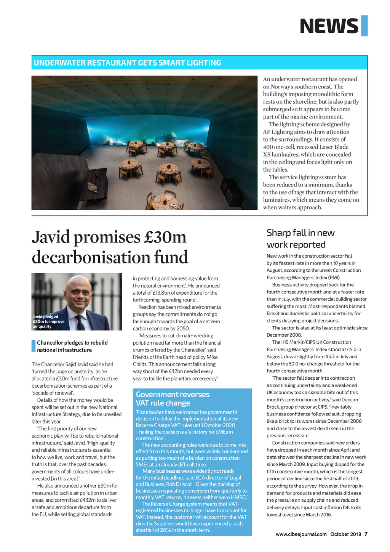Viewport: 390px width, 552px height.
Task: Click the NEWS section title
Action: (x=329, y=26)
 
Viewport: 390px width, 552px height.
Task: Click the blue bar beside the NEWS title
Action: (x=364, y=26)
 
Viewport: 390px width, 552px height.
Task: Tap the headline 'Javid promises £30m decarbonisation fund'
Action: (x=110, y=247)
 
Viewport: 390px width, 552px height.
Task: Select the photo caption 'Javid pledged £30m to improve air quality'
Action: (x=48, y=321)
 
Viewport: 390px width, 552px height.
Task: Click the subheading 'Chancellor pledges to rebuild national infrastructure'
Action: (x=72, y=346)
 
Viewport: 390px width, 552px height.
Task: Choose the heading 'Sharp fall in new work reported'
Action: (x=300, y=239)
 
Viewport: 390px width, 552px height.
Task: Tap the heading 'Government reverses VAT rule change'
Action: (x=173, y=399)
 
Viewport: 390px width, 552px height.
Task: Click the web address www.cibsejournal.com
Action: (x=301, y=534)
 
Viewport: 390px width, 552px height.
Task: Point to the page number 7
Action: (x=366, y=534)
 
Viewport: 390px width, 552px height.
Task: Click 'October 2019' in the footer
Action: (x=345, y=534)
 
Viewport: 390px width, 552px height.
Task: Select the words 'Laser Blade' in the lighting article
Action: (x=334, y=147)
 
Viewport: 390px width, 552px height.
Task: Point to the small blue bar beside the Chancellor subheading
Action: (x=34, y=346)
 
